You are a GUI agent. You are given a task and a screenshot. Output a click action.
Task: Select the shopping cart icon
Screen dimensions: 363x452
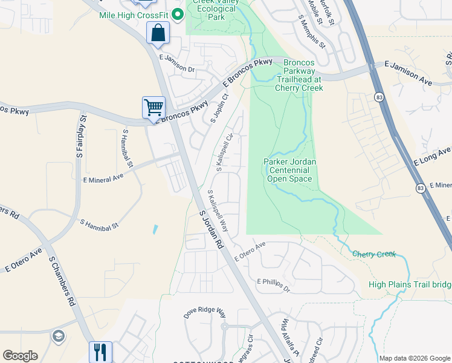[153, 108]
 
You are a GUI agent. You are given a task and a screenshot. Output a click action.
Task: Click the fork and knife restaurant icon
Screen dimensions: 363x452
[100, 352]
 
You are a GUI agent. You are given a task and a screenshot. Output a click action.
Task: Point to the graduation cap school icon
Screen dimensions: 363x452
[59, 336]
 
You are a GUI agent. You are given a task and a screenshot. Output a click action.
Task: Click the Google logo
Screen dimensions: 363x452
[20, 356]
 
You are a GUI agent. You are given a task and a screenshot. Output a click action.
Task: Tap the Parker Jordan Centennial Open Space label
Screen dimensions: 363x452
[290, 170]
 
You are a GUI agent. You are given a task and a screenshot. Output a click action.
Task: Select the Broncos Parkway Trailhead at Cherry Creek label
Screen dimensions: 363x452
[299, 75]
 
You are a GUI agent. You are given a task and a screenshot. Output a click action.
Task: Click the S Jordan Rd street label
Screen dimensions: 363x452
[211, 229]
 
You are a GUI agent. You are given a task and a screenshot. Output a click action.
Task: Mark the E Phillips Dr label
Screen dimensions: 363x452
[274, 285]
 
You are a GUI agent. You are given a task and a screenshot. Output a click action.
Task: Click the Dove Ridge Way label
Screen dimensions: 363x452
[205, 312]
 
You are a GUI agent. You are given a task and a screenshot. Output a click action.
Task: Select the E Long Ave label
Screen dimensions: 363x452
[432, 157]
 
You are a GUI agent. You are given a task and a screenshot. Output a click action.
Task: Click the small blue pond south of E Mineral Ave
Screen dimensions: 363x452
[156, 230]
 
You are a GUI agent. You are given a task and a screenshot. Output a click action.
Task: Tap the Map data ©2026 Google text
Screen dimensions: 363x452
[415, 358]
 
